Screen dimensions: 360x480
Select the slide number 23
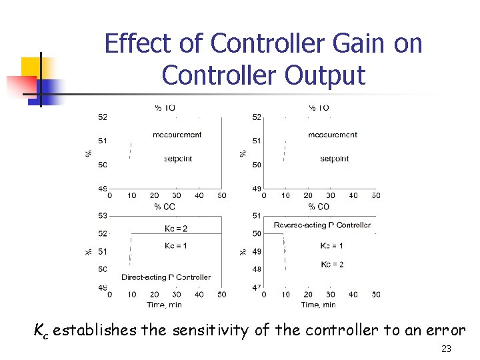click(447, 349)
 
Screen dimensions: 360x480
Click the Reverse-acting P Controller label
click(322, 225)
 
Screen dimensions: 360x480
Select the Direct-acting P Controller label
click(166, 277)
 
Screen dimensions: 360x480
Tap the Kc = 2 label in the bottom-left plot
click(176, 229)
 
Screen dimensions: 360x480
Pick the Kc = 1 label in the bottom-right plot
click(331, 246)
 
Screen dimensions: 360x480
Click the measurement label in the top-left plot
click(177, 135)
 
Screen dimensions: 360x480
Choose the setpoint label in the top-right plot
click(334, 159)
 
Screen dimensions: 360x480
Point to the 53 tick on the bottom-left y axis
click(102, 216)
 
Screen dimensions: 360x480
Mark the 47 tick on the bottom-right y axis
click(257, 287)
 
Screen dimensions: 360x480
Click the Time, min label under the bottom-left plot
click(164, 305)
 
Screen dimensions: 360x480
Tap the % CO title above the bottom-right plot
click(319, 207)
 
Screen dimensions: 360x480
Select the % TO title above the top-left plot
click(165, 108)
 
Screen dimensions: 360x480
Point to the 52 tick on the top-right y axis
click(257, 117)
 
